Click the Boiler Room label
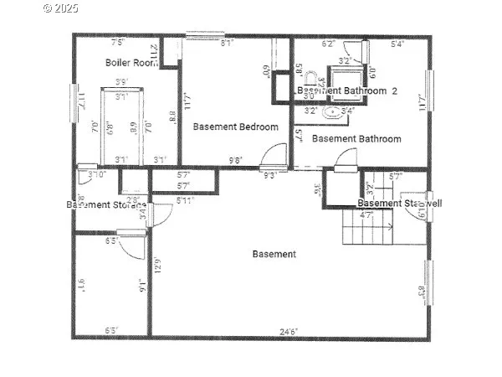pos(133,62)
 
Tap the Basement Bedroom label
pos(235,127)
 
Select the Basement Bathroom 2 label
pos(347,90)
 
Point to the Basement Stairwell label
pos(399,203)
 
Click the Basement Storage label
pos(106,204)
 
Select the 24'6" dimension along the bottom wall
pos(289,332)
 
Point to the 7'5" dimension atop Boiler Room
pos(118,41)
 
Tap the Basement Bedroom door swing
pos(272,156)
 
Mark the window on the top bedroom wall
pos(203,36)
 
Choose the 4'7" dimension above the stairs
pos(366,215)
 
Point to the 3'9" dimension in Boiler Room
pos(121,82)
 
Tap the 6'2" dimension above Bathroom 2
pos(329,44)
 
